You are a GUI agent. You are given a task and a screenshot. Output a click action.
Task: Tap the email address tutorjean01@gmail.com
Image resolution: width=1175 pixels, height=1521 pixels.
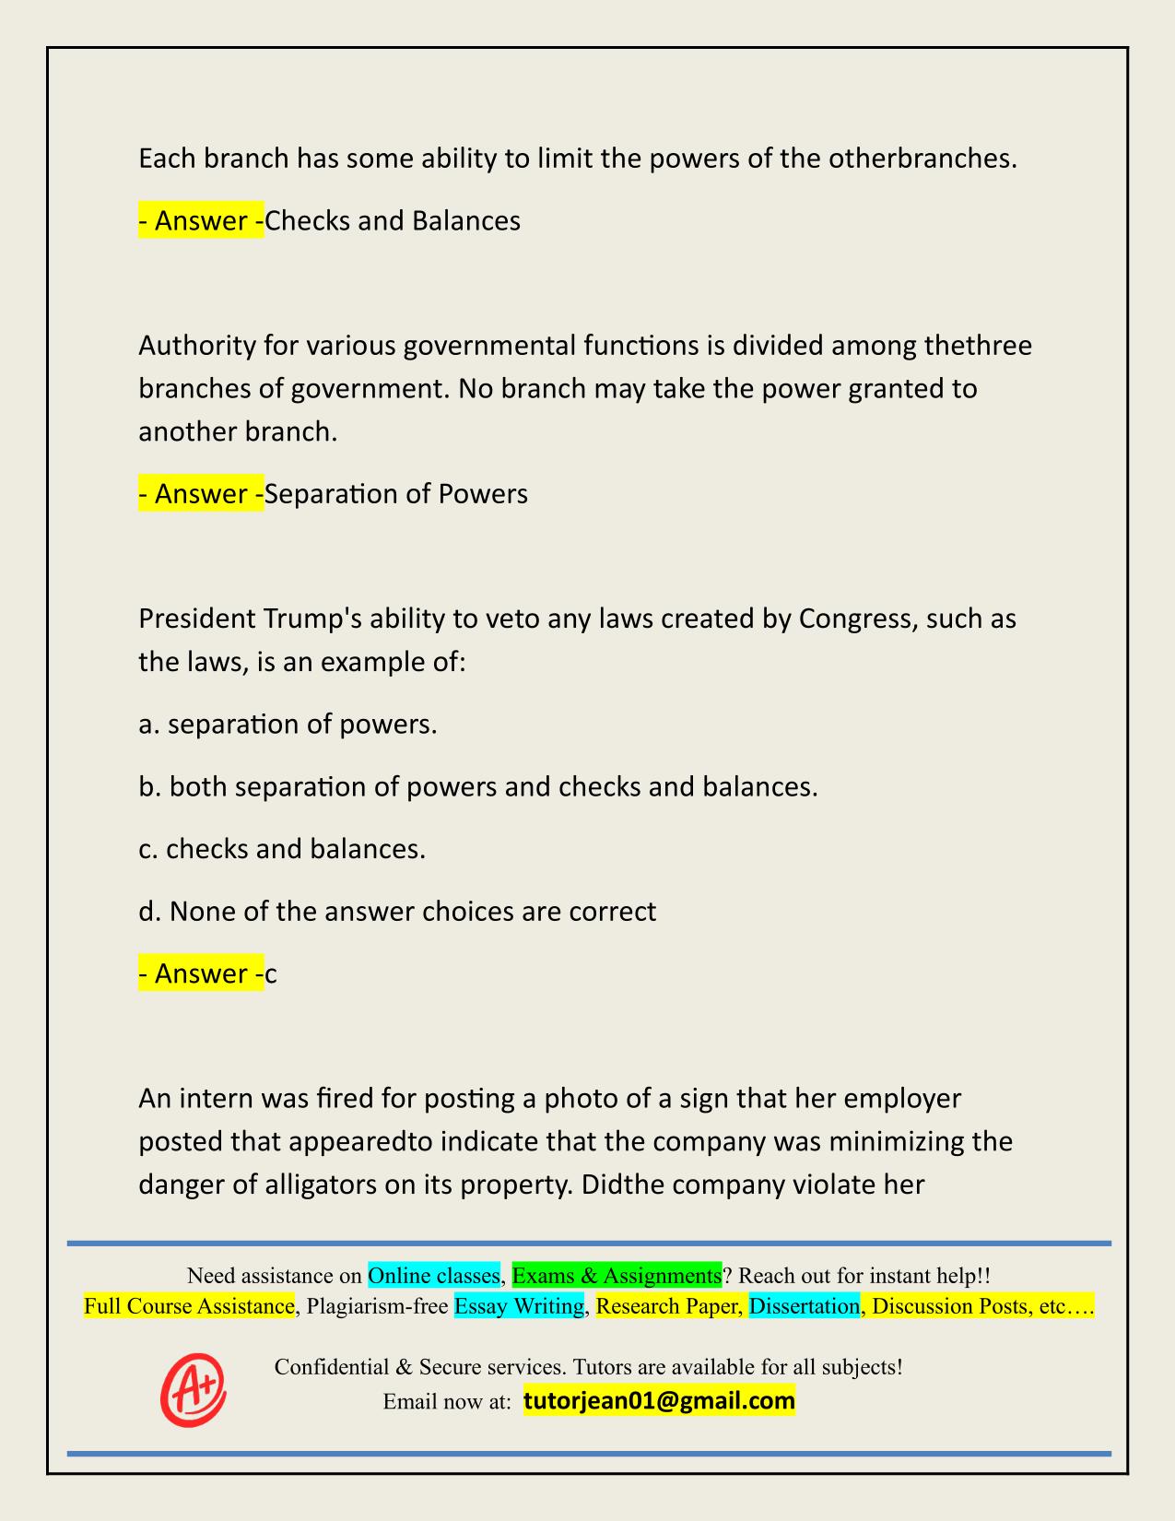click(x=659, y=1401)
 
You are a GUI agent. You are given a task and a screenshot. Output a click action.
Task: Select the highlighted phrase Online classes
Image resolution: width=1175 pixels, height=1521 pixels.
click(x=434, y=1275)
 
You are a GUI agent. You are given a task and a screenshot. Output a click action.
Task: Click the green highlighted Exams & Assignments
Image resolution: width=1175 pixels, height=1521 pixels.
click(x=617, y=1275)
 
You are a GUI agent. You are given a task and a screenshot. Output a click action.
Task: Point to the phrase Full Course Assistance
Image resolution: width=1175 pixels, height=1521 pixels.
click(x=189, y=1305)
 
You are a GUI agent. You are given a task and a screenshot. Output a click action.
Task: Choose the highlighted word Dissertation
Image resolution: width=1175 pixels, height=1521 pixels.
click(x=805, y=1305)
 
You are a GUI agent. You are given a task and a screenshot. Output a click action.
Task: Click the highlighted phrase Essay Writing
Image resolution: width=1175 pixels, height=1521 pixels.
click(x=520, y=1305)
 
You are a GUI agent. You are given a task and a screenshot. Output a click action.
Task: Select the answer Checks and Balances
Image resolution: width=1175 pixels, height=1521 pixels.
click(x=393, y=221)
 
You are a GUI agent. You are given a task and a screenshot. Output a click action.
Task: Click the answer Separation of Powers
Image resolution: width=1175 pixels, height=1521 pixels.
click(x=396, y=494)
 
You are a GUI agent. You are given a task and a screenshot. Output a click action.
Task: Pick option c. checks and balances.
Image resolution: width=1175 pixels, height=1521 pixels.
click(x=282, y=849)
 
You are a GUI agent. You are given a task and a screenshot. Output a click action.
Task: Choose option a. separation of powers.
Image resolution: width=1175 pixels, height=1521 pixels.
click(x=288, y=725)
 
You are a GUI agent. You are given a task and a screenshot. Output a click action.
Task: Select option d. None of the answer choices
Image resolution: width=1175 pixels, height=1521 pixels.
click(x=397, y=912)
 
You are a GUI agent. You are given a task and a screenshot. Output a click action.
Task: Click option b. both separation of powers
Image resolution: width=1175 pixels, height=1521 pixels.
click(x=477, y=787)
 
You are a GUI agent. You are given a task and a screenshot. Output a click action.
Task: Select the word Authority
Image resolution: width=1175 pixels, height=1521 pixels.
click(x=195, y=346)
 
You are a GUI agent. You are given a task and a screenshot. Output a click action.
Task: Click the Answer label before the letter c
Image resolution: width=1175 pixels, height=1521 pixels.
click(x=201, y=973)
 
